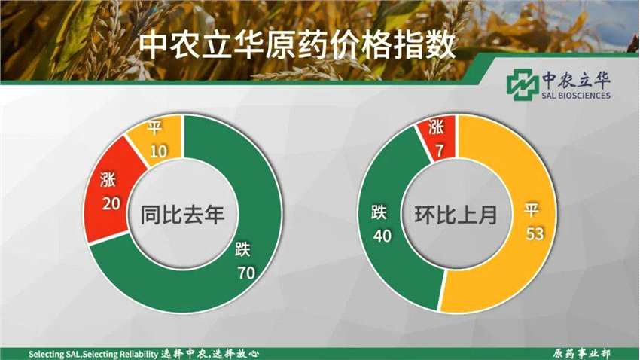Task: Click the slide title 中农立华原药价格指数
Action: pos(297,45)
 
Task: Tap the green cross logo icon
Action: pos(523,84)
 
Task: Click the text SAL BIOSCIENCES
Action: pos(576,96)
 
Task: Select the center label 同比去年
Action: pos(182,215)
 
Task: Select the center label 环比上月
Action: pos(456,215)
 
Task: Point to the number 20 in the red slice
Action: pos(111,203)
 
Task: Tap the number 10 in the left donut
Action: pos(158,151)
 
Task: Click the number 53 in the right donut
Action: pos(535,234)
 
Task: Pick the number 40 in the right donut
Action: pos(382,236)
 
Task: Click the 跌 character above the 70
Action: pos(242,249)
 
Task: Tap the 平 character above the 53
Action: pos(531,210)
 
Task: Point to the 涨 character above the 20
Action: pos(108,179)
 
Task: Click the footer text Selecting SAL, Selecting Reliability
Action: pos(93,354)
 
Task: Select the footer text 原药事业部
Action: pos(581,353)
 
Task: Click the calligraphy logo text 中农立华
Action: pos(576,79)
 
